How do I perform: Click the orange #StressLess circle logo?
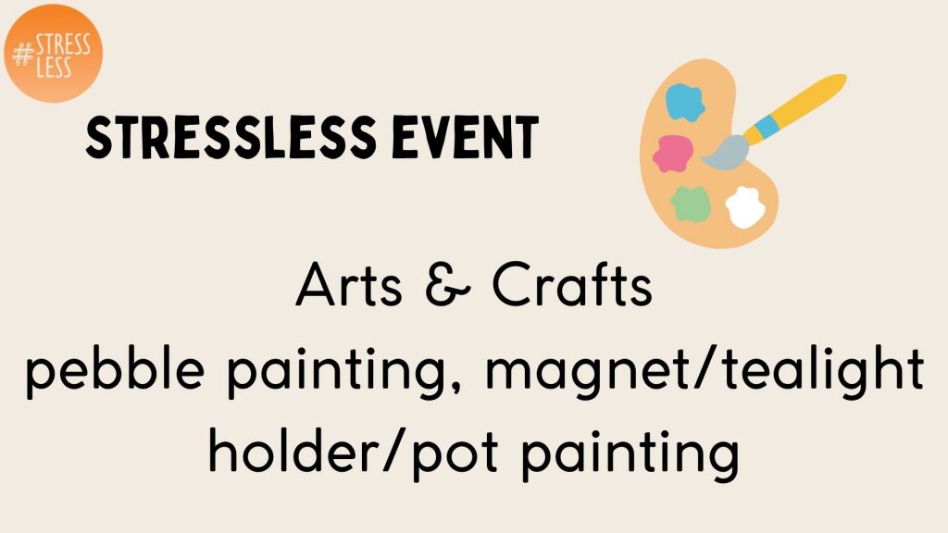click(53, 53)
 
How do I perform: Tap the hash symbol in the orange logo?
click(23, 56)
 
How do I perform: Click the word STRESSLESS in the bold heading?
click(231, 137)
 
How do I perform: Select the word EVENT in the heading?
click(465, 137)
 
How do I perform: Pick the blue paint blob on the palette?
click(685, 103)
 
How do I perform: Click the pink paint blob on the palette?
click(673, 154)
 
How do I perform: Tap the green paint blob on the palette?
click(691, 205)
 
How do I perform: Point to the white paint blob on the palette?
click(745, 207)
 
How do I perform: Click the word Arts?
click(349, 285)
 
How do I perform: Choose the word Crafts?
click(572, 284)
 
